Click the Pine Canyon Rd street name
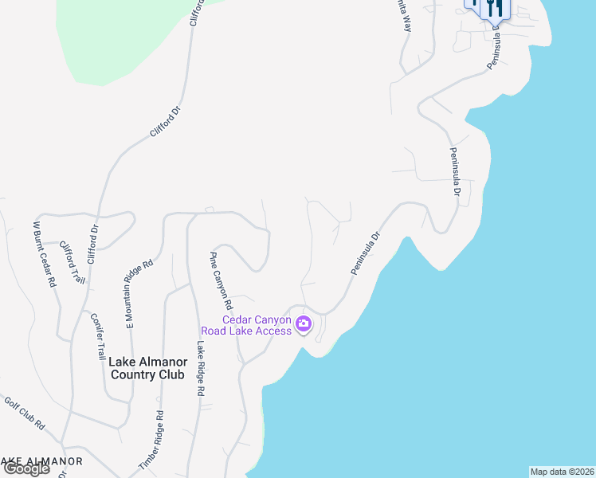(221, 280)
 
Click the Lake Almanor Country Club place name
(147, 368)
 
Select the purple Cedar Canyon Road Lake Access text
(257, 325)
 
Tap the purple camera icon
(304, 324)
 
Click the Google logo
(25, 468)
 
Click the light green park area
(120, 40)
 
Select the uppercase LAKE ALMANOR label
(41, 461)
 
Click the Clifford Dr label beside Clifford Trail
(92, 245)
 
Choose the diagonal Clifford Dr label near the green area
(167, 123)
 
